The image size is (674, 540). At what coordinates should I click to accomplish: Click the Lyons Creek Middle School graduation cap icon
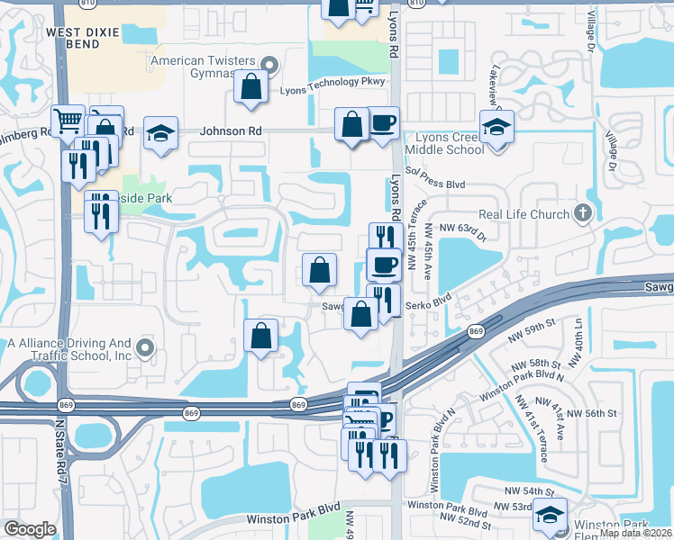click(496, 127)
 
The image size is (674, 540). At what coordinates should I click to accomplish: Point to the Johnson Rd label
click(231, 131)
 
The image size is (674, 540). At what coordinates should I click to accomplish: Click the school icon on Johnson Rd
click(159, 133)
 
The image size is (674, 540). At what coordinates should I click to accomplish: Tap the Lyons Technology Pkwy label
click(332, 82)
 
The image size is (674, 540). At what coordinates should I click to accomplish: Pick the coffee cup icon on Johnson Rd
click(383, 122)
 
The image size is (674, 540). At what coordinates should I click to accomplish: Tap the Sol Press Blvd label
click(436, 184)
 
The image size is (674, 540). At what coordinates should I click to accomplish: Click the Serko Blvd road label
click(430, 305)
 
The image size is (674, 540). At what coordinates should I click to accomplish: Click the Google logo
click(30, 529)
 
